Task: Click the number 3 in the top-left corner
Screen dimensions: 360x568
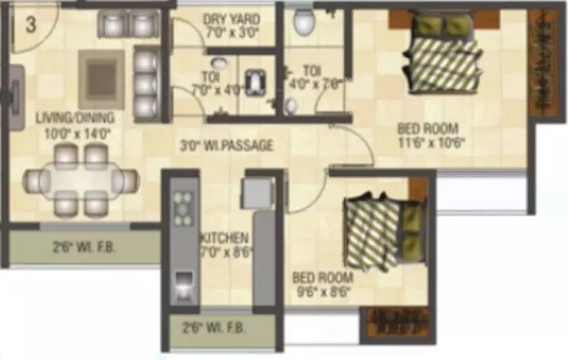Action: (x=30, y=25)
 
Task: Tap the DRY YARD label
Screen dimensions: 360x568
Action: (x=231, y=19)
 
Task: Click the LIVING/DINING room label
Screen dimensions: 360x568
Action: (x=75, y=118)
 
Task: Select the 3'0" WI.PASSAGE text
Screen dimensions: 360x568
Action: (x=226, y=146)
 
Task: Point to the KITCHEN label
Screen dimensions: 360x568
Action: (x=224, y=237)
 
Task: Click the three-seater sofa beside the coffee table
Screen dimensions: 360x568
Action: (x=145, y=83)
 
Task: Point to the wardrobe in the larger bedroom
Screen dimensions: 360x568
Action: (x=543, y=63)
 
